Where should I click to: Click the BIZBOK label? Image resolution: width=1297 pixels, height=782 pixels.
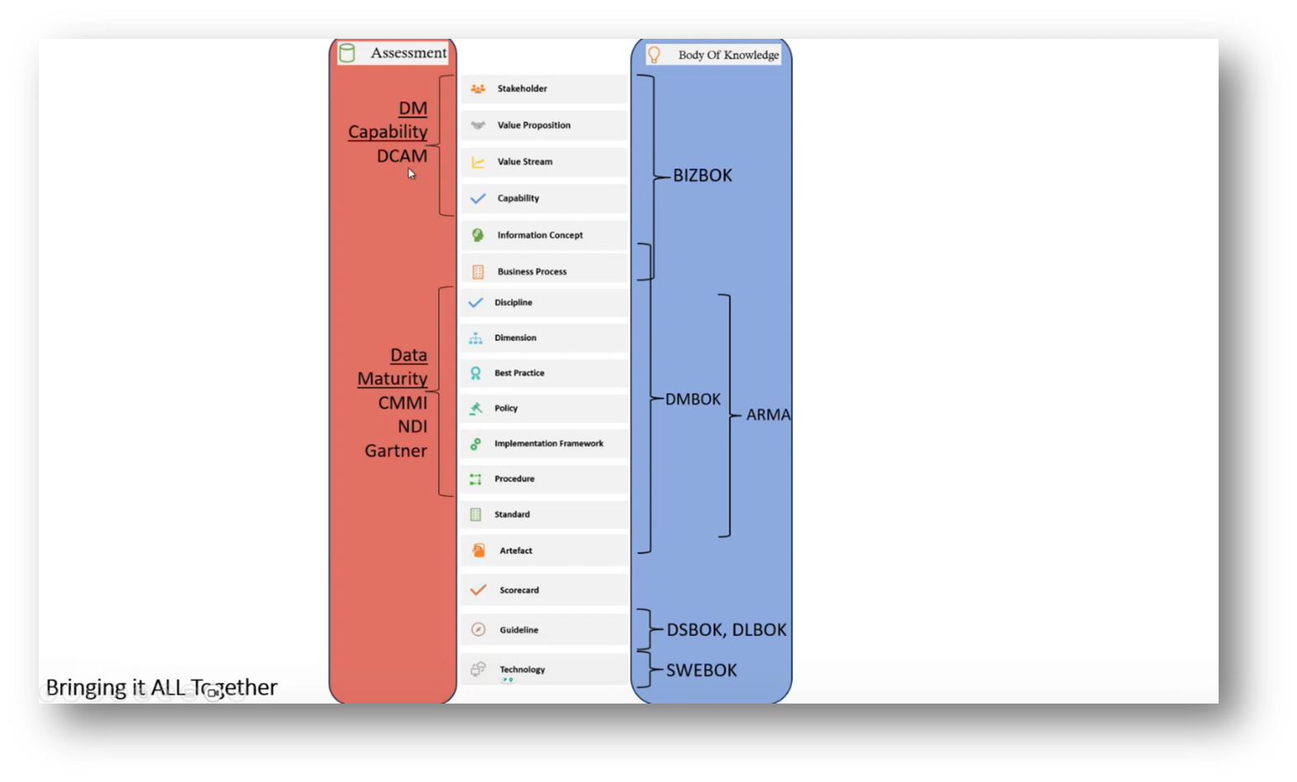coord(702,176)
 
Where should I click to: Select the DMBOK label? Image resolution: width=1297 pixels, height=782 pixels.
coord(693,400)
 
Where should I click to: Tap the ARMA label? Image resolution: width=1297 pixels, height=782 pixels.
coord(767,415)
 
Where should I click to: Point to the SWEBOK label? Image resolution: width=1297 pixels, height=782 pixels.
coord(701,671)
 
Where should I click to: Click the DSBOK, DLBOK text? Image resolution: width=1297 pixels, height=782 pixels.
coord(726,630)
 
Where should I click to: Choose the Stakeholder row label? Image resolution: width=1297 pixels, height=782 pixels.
coord(521,89)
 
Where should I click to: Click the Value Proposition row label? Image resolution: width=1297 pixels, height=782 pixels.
coord(533,126)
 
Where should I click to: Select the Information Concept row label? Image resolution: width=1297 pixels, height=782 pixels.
coord(540,235)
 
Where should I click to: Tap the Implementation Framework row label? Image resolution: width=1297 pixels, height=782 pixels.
coord(549,443)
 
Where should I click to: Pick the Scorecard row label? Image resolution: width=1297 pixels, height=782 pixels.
coord(519,590)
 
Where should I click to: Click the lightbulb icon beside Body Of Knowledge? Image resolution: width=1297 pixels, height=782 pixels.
coord(654,55)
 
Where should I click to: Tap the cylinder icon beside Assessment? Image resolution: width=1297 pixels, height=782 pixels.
coord(347,54)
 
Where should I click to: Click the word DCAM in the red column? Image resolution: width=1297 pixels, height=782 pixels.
coord(402,156)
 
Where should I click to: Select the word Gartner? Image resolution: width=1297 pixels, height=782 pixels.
coord(396,451)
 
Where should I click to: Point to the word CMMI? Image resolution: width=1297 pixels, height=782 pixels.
coord(403,403)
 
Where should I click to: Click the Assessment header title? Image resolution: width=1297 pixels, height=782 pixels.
coord(408,53)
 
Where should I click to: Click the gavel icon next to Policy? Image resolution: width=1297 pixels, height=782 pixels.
coord(476,408)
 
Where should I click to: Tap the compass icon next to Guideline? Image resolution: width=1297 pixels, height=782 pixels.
coord(479,630)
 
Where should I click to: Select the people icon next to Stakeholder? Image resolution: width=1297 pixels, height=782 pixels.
coord(478,89)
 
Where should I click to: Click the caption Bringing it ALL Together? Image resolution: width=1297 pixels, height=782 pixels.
coord(162,688)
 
